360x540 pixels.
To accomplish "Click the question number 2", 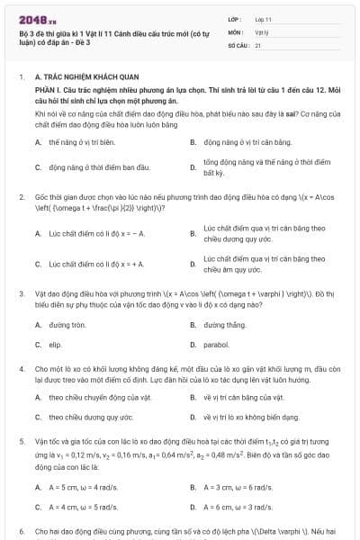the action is tap(21, 195).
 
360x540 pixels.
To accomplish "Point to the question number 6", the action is tap(21, 532).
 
